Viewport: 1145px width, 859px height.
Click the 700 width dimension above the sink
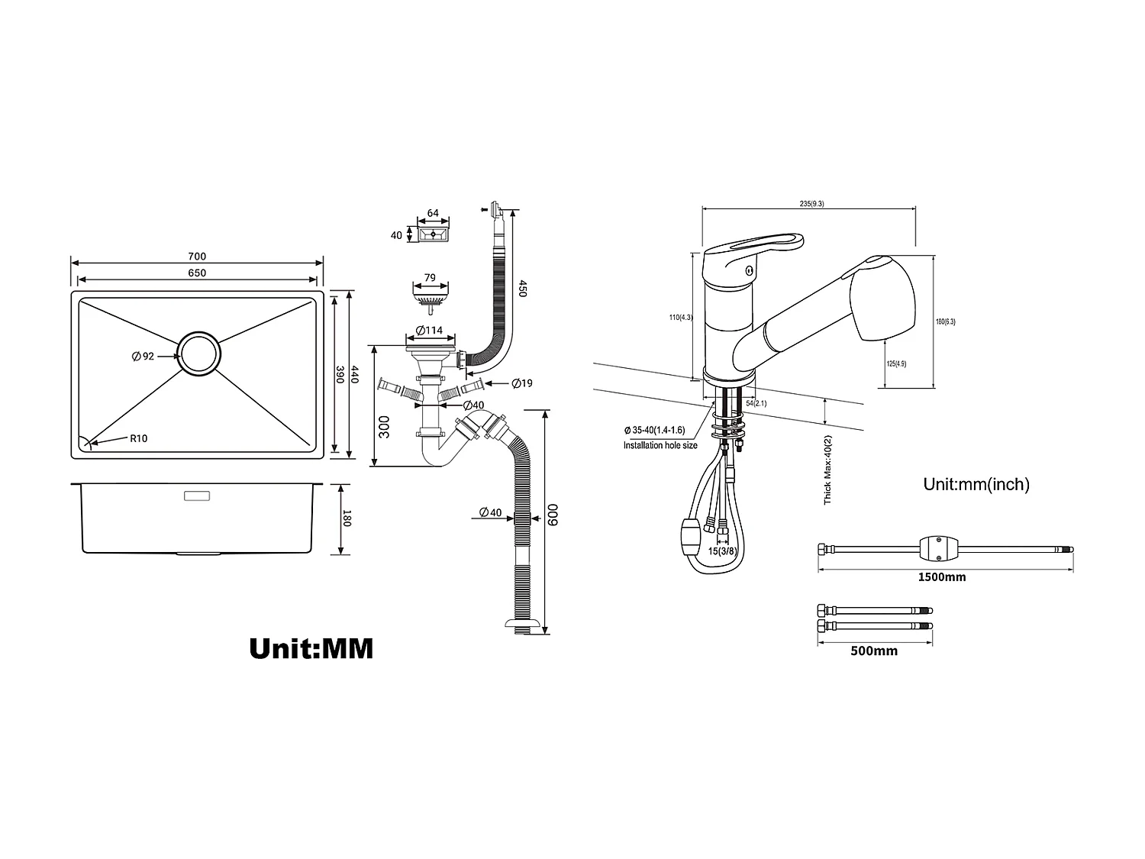coord(197,257)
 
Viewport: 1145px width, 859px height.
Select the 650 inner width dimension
coord(197,273)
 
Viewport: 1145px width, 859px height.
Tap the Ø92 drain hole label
coord(143,356)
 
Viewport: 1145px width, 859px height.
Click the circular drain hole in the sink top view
coord(201,354)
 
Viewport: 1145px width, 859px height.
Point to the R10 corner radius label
coord(138,438)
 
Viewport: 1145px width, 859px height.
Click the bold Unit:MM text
coord(311,648)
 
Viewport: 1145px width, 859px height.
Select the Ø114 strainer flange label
coord(430,331)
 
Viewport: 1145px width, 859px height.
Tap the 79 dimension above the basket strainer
coord(430,278)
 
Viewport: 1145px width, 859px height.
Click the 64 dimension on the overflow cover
coord(433,213)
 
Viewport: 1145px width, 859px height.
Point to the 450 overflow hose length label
coord(523,289)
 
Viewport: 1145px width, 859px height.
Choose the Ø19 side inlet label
coord(522,383)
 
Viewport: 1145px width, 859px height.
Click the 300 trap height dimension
coord(384,426)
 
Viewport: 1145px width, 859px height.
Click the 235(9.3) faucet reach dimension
coord(811,204)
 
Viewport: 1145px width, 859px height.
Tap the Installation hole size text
coord(660,445)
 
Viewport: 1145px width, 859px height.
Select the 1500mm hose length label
coord(941,577)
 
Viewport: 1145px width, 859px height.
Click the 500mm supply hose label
coord(874,651)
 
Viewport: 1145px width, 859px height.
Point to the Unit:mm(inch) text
coord(976,484)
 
